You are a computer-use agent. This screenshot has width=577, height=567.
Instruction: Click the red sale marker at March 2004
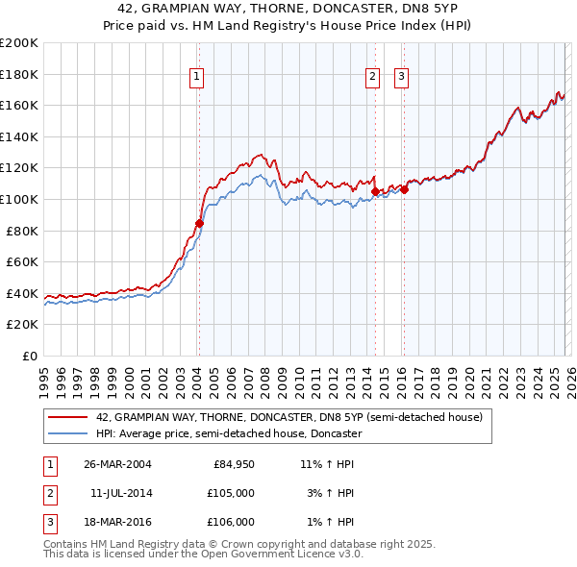point(200,223)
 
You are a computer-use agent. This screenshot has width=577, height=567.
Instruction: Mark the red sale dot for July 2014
point(375,191)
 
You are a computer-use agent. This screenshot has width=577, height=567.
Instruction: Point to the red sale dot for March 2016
point(404,189)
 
